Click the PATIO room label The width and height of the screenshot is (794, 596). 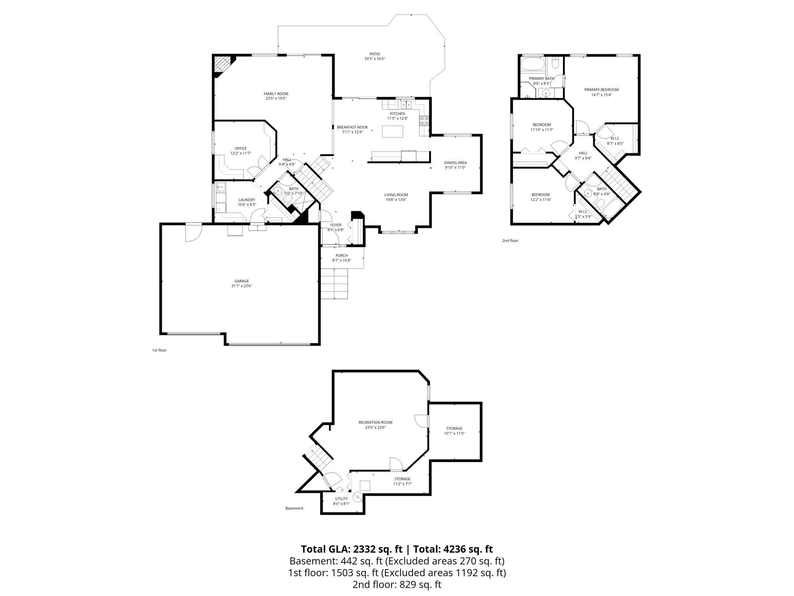374,54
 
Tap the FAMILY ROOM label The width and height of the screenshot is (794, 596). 276,94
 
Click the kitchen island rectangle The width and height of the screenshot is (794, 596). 393,132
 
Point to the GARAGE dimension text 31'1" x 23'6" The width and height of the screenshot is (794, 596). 241,286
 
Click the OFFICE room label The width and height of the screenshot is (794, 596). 240,149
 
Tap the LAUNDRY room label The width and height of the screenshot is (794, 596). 247,200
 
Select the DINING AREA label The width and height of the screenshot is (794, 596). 455,162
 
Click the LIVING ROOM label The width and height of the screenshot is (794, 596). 396,195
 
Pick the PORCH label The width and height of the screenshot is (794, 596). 341,256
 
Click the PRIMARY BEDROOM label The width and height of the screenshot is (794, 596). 601,90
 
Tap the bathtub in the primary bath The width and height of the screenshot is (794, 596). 533,65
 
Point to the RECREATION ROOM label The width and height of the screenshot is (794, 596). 375,423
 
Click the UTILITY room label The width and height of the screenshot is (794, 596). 341,499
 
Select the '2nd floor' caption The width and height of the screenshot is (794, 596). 510,241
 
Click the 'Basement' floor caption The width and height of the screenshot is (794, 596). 294,508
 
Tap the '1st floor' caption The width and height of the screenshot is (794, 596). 159,350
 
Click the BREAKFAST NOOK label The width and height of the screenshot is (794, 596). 352,127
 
